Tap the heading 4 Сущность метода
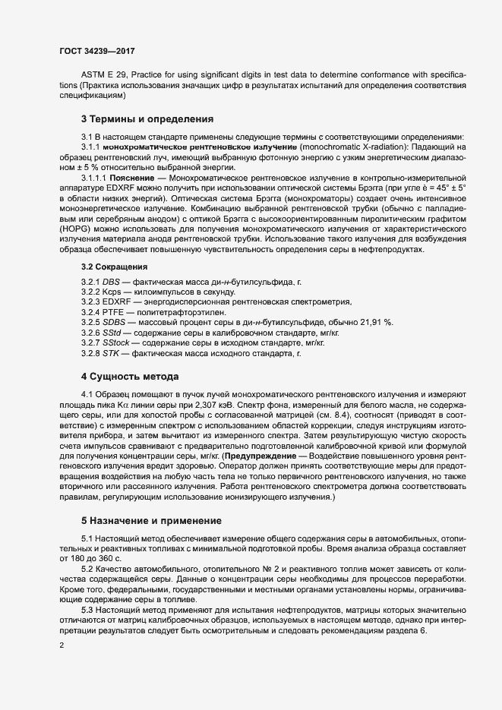pos(130,376)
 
